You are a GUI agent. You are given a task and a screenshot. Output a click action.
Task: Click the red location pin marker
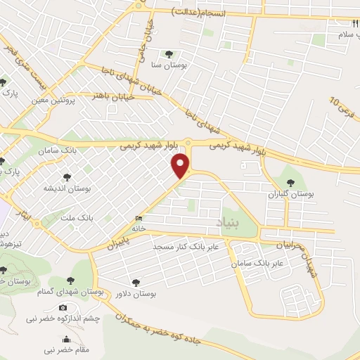pos(182,166)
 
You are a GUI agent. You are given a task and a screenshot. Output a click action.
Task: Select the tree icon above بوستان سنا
pos(168,53)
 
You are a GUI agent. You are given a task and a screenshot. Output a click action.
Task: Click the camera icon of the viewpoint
pos(63,308)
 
